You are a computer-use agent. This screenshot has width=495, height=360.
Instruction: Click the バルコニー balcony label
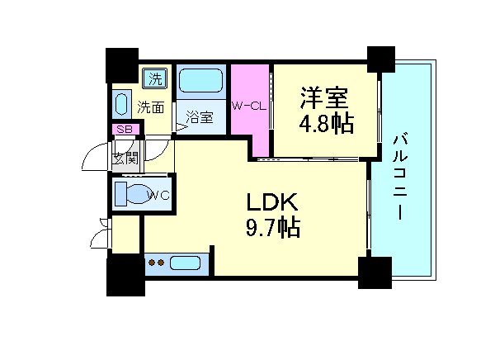coord(399,174)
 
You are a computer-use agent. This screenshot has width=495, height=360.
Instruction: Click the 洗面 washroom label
coord(150,107)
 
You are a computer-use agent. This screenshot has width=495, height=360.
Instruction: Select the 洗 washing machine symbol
coord(154,79)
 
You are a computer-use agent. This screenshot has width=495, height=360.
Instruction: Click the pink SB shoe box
coord(126,129)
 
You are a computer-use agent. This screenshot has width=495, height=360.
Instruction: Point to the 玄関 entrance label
coord(125,158)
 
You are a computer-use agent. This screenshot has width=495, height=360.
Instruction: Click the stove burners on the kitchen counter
coord(158,264)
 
